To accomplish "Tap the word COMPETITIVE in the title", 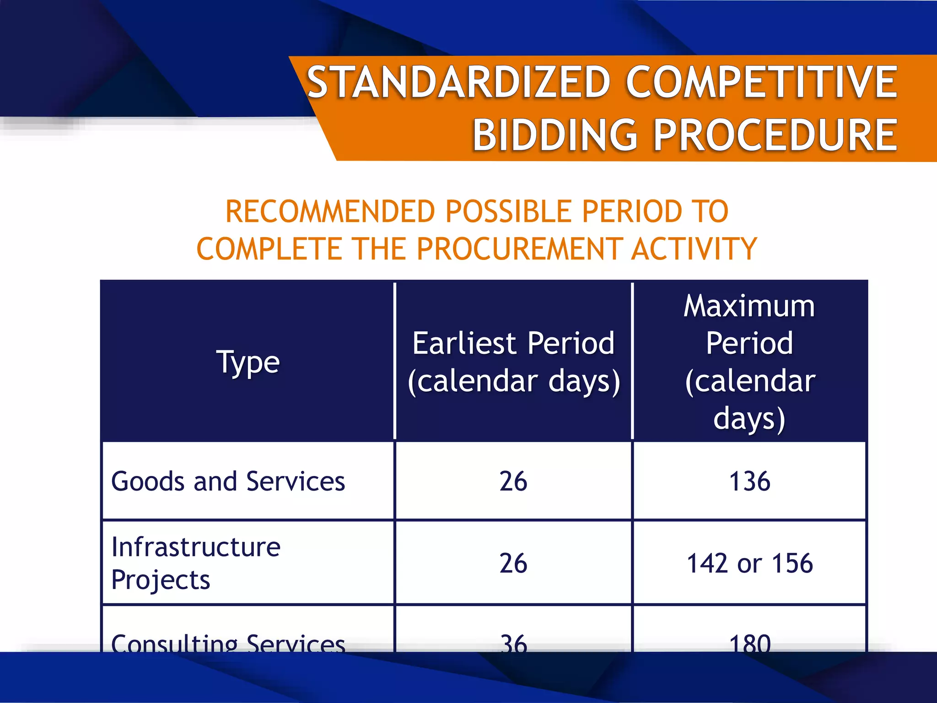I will point(761,82).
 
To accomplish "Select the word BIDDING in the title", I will point(555,135).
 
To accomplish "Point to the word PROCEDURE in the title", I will point(775,135).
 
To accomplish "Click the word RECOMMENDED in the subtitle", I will point(331,211).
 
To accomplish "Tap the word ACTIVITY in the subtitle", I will point(694,249).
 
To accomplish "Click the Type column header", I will point(248,362).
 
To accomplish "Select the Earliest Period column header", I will point(513,362).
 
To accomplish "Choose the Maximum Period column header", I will point(749,362).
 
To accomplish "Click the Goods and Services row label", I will point(228,481).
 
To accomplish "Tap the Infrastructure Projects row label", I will point(196,563).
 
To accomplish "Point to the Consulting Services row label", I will point(228,643).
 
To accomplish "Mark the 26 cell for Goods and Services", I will point(513,481).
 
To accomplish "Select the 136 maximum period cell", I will point(749,481).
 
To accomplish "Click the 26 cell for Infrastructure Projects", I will point(513,563).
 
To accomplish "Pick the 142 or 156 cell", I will point(749,563).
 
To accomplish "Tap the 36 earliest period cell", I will point(513,643).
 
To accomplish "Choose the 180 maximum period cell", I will point(749,643).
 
